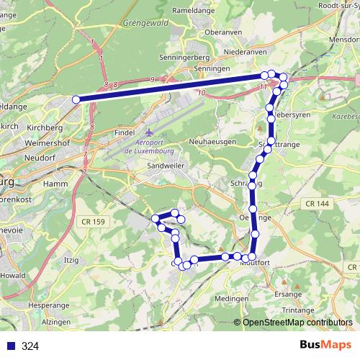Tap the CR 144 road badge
pyautogui.click(x=317, y=204)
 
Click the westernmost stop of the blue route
pyautogui.click(x=76, y=99)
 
